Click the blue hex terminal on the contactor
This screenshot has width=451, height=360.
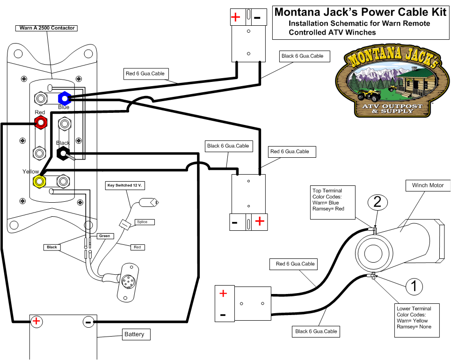tap(64, 98)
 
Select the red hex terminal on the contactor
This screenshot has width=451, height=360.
tap(41, 123)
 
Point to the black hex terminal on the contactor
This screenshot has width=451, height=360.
tap(63, 153)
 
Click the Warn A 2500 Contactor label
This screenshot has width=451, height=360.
tap(47, 28)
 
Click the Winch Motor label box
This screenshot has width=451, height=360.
tap(428, 185)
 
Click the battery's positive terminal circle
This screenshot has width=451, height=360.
tap(36, 321)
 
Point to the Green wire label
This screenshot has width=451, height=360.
tap(104, 236)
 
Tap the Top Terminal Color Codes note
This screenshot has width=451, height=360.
tap(333, 200)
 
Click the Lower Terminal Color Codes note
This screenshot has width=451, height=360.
tap(418, 321)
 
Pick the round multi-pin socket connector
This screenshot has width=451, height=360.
tap(127, 282)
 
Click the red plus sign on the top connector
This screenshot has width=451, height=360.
tap(235, 18)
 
